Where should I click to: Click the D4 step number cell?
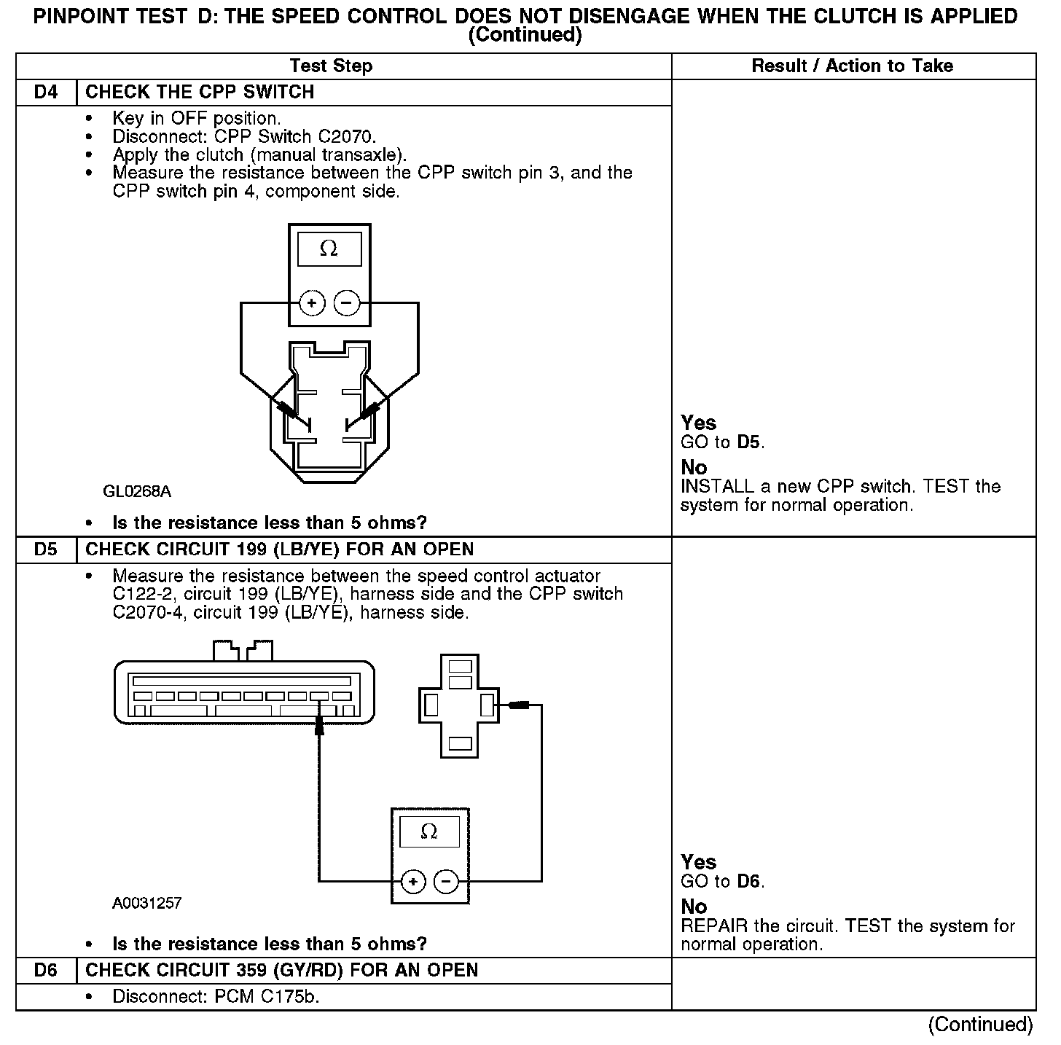(x=45, y=93)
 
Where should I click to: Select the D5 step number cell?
(x=45, y=549)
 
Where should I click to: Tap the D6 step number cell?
(x=45, y=971)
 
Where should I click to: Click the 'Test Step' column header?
(x=331, y=66)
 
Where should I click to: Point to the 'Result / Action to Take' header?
(x=852, y=66)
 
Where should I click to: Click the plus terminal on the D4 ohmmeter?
(x=312, y=302)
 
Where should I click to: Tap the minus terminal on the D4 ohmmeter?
(x=347, y=302)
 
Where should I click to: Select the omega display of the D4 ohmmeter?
(x=329, y=249)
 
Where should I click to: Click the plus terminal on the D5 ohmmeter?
(x=413, y=882)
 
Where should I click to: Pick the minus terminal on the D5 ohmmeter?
(x=446, y=882)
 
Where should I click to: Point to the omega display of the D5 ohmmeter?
(x=430, y=831)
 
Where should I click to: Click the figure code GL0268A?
(x=137, y=492)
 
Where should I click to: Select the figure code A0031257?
(x=147, y=904)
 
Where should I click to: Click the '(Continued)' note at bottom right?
(x=980, y=1025)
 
